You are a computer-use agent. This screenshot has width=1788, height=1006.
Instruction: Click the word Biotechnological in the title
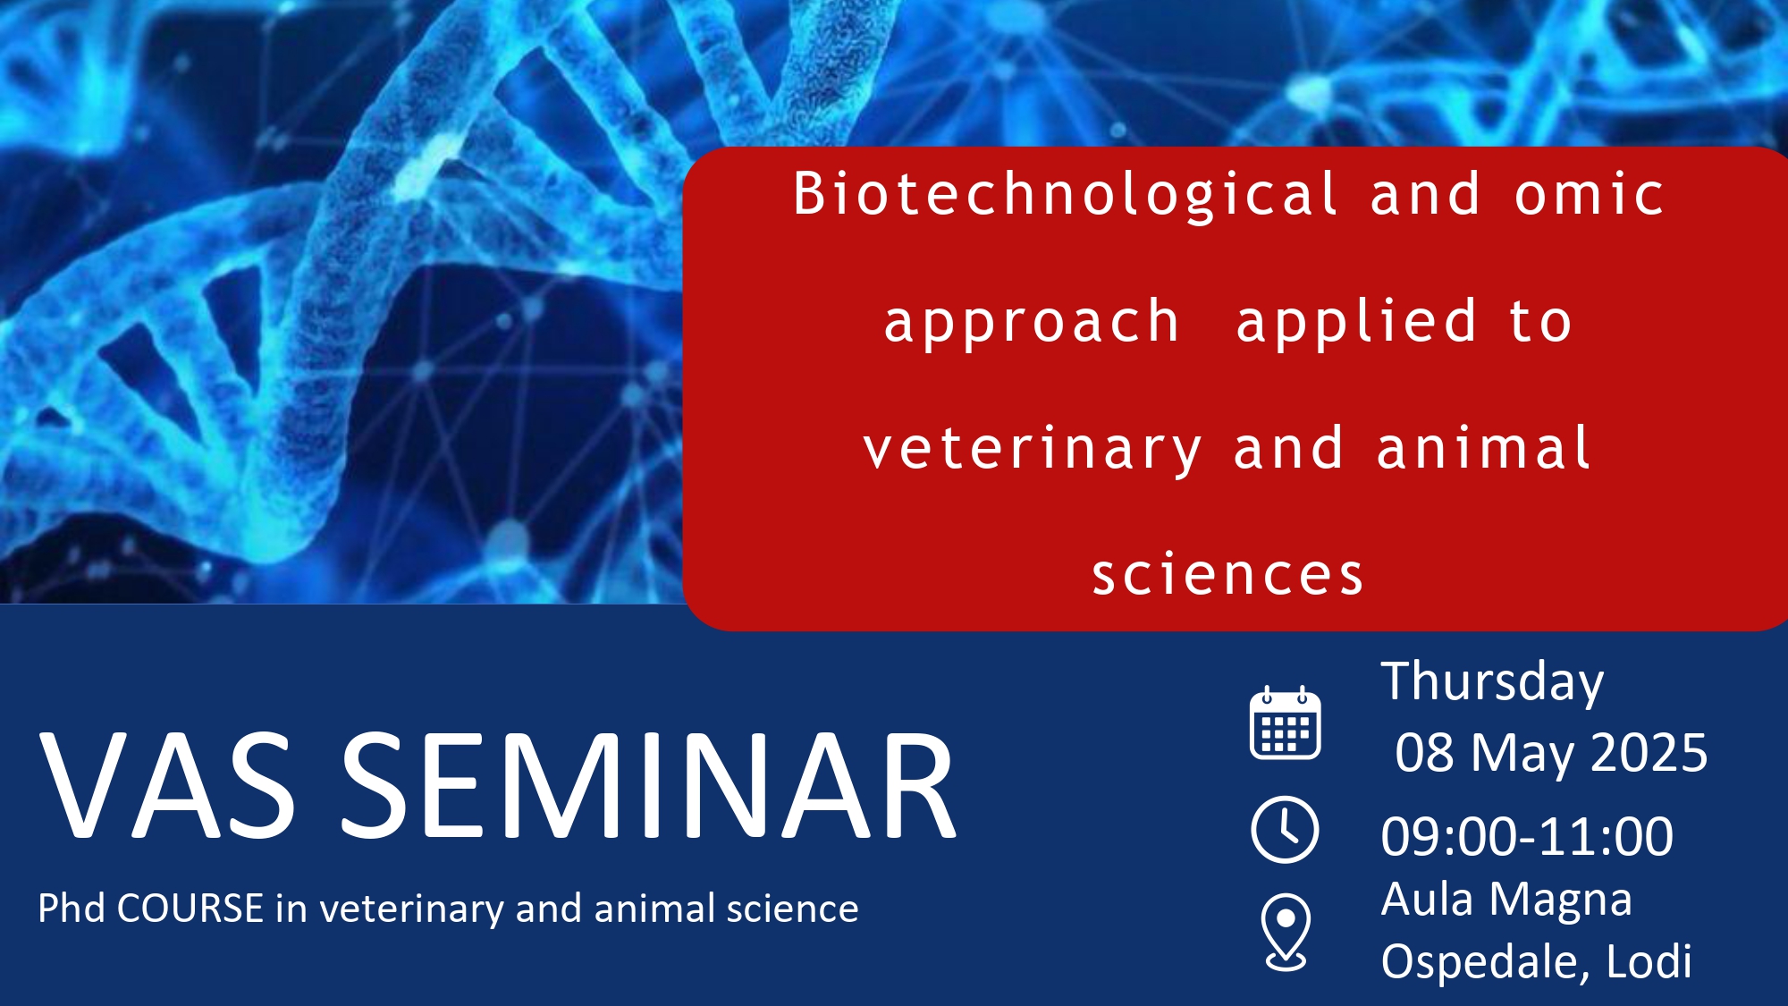pos(1066,194)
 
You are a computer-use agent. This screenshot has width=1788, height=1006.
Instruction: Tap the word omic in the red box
pos(1589,194)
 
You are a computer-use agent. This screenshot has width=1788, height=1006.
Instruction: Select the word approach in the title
pos(1032,323)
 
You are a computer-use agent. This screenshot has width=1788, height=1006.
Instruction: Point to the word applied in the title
pos(1355,323)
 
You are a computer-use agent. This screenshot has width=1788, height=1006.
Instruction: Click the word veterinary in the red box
pos(1033,451)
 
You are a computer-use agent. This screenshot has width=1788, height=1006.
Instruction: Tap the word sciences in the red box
pos(1228,574)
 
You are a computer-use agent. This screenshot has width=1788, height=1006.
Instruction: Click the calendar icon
pos(1285,723)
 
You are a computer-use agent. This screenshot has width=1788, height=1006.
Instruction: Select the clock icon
pos(1285,830)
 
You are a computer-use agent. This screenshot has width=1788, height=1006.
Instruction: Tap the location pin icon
pos(1286,932)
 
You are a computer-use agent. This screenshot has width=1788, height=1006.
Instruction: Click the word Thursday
pos(1492,683)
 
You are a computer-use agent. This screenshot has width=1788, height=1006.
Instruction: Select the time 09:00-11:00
pos(1527,837)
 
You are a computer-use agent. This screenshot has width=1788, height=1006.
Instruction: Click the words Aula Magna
pos(1506,900)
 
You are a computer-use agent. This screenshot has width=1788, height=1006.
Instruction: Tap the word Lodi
pos(1649,961)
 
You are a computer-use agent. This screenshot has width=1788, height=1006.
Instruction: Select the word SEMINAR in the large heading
pos(649,786)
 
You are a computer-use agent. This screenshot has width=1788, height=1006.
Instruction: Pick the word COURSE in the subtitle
pos(190,909)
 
